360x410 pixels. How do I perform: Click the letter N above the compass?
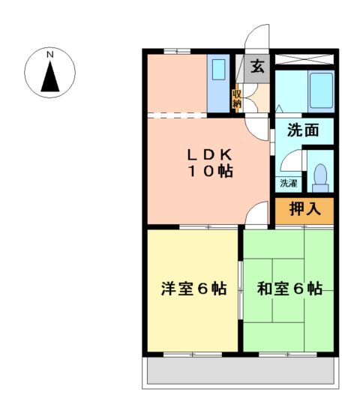click(50, 55)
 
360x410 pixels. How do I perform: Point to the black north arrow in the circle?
click(50, 76)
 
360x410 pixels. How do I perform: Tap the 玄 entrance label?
click(257, 67)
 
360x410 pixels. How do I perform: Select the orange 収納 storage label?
click(236, 99)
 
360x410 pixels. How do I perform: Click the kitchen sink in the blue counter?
click(219, 70)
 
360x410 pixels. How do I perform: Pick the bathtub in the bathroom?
click(320, 91)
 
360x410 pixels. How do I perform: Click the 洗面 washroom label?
click(304, 130)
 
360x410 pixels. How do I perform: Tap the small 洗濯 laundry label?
click(289, 182)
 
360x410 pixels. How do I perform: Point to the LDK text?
click(210, 154)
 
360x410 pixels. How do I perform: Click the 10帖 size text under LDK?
click(210, 172)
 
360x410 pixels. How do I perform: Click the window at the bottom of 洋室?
click(193, 352)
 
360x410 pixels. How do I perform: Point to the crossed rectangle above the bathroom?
click(304, 58)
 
